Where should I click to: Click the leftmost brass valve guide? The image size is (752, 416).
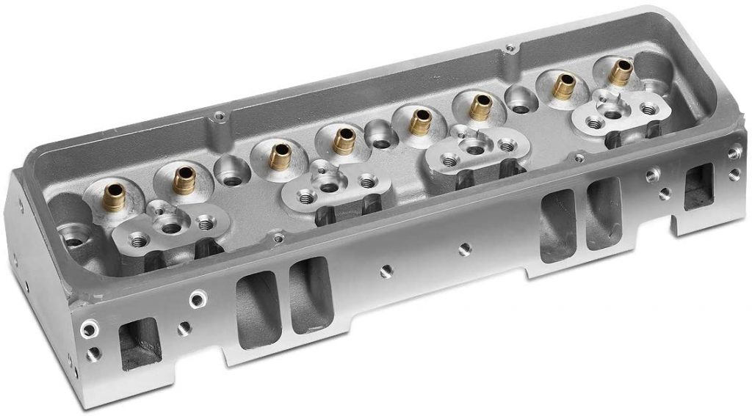[x=114, y=195]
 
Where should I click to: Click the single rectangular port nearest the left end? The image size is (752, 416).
[x=140, y=342]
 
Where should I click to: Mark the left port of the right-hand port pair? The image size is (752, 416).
[x=557, y=225]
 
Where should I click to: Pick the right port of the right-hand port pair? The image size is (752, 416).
[x=604, y=213]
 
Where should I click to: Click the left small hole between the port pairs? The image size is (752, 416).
[x=384, y=272]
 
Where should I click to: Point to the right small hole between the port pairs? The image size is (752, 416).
[x=463, y=249]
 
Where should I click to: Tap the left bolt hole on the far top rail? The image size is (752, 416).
[x=218, y=116]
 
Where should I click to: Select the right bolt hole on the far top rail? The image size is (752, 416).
[x=510, y=50]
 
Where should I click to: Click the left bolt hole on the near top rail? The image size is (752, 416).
[x=277, y=238]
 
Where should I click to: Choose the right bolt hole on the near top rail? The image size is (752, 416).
[x=579, y=157]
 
